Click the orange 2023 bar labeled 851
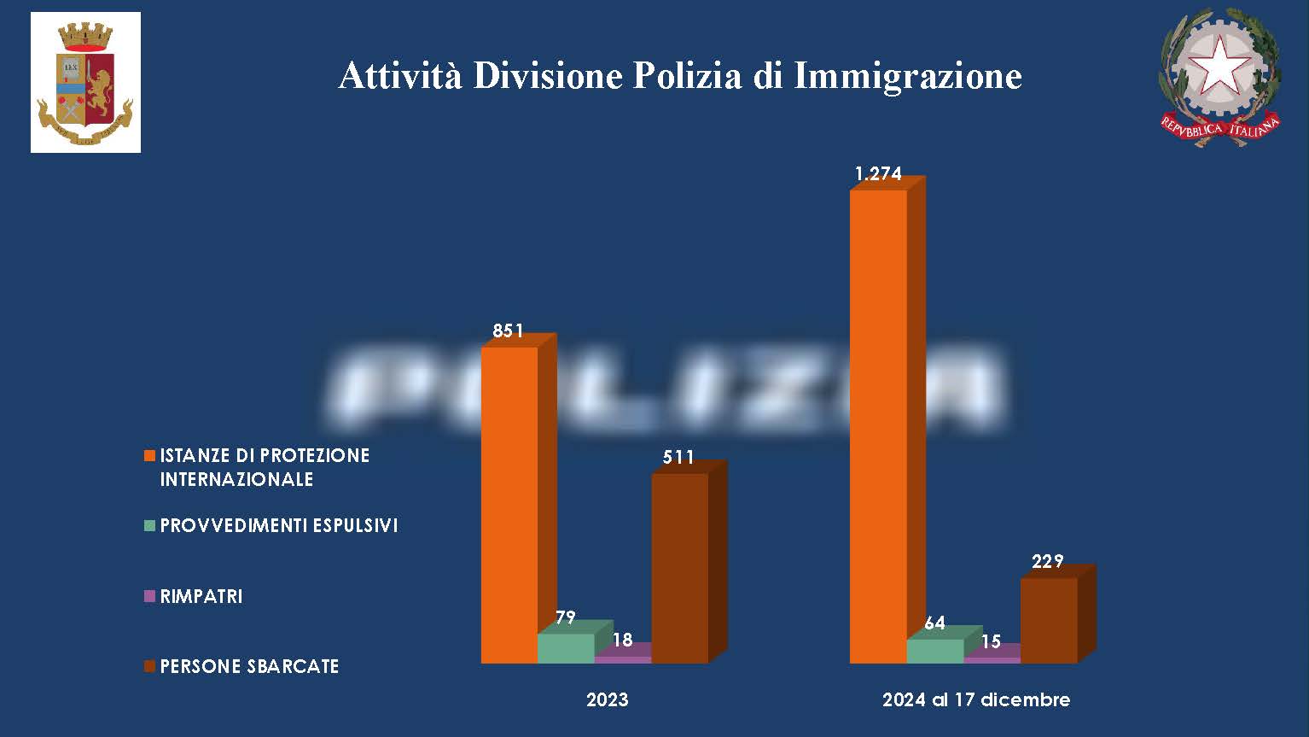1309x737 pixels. pyautogui.click(x=509, y=504)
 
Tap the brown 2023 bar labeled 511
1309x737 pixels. pyautogui.click(x=679, y=568)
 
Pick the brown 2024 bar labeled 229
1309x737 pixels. pyautogui.click(x=1049, y=620)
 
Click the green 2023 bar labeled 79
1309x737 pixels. pyautogui.click(x=566, y=648)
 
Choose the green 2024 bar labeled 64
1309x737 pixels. pyautogui.click(x=934, y=651)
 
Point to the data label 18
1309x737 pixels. pyautogui.click(x=623, y=640)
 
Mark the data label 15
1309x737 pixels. pyautogui.click(x=991, y=641)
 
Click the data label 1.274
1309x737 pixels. pyautogui.click(x=878, y=174)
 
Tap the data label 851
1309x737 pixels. pyautogui.click(x=508, y=331)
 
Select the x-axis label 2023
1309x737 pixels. pyautogui.click(x=607, y=700)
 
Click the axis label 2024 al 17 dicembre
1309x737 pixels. pyautogui.click(x=976, y=700)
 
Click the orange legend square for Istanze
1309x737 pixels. pyautogui.click(x=150, y=455)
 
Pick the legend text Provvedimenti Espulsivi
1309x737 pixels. pyautogui.click(x=279, y=525)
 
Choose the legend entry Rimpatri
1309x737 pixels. pyautogui.click(x=201, y=596)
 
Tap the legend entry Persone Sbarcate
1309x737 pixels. pyautogui.click(x=249, y=666)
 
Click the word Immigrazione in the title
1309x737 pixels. pyautogui.click(x=908, y=76)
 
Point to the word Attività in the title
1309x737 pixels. pyautogui.click(x=400, y=76)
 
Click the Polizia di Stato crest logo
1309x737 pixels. pyautogui.click(x=85, y=83)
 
